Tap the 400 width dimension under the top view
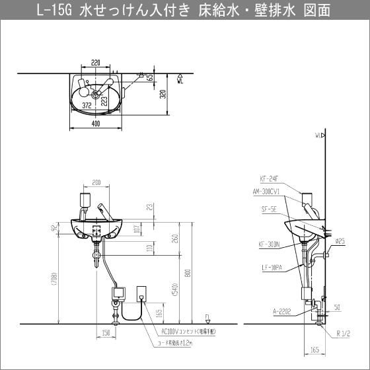coord(97,123)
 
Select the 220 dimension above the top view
coord(96,63)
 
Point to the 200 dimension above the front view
coord(96,182)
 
